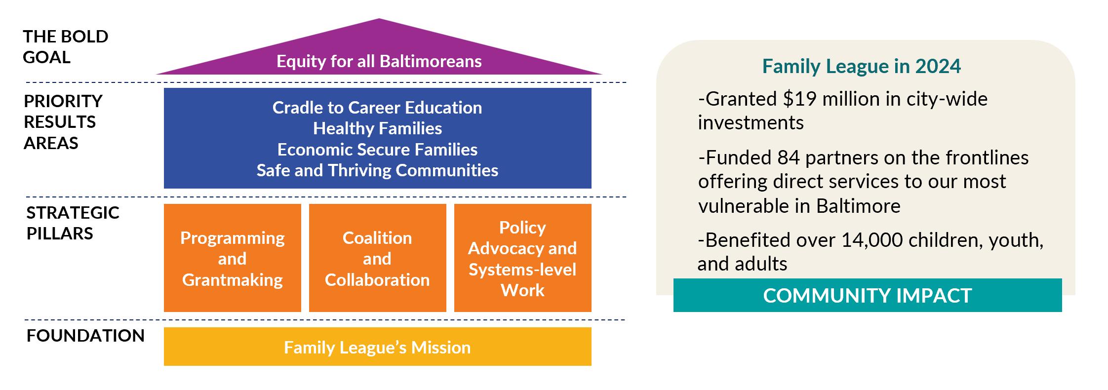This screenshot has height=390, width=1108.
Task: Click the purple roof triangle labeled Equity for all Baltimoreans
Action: pos(379,54)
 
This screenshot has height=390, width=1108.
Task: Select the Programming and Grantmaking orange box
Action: pos(233,258)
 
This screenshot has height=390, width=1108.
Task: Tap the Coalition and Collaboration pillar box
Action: pos(378,258)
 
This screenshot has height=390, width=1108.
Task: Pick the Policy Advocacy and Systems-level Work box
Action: pos(523,258)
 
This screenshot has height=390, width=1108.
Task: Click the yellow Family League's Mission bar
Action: pos(378,347)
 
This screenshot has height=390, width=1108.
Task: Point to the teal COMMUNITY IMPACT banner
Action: pos(868,295)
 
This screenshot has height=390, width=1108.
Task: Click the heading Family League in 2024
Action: pos(862,66)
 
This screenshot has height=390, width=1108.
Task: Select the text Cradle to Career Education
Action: pos(377,108)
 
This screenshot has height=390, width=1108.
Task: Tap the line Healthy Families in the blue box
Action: pos(378,128)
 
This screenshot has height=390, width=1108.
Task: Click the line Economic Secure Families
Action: pos(378,149)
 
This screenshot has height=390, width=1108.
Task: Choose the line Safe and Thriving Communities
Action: pos(378,170)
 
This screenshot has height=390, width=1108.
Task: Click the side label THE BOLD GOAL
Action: pos(66,46)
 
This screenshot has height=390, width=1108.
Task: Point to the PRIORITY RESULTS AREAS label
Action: pos(63,122)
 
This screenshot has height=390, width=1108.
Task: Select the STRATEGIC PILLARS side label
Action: pos(73,223)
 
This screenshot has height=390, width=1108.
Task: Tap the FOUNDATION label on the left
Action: pos(85,336)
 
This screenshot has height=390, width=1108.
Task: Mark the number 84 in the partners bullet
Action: pos(789,158)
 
